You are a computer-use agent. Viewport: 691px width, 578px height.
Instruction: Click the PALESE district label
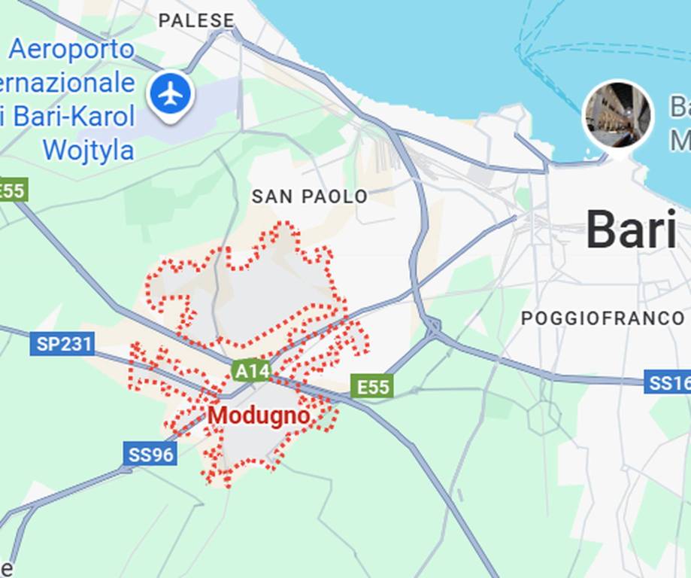tap(196, 20)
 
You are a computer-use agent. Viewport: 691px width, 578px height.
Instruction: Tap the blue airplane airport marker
tap(171, 94)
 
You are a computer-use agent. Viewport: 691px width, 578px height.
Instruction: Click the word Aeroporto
tap(72, 50)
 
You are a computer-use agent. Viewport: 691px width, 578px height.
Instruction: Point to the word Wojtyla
tap(88, 150)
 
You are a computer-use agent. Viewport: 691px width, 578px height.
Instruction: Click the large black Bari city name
tap(631, 230)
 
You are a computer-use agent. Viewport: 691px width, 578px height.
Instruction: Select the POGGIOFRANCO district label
tap(602, 318)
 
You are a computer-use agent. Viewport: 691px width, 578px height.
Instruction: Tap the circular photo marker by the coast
tap(617, 114)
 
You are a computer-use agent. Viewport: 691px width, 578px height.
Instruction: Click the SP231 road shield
tap(64, 345)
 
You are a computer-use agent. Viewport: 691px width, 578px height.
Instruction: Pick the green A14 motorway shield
tap(251, 370)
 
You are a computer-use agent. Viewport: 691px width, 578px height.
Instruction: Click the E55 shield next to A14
tap(373, 387)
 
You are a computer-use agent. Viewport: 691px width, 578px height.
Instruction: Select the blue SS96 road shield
tap(150, 454)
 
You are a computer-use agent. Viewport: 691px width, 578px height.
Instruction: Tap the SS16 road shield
tap(668, 382)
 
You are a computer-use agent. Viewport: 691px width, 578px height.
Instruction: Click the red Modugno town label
tap(259, 415)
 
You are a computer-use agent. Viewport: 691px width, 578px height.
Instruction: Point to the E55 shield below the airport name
tap(12, 190)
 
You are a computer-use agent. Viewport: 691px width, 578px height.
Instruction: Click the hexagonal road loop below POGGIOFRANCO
tap(544, 416)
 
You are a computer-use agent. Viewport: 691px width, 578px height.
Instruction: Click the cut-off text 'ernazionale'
tap(68, 84)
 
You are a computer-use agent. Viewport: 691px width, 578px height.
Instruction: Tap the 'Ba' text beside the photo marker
tap(679, 107)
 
